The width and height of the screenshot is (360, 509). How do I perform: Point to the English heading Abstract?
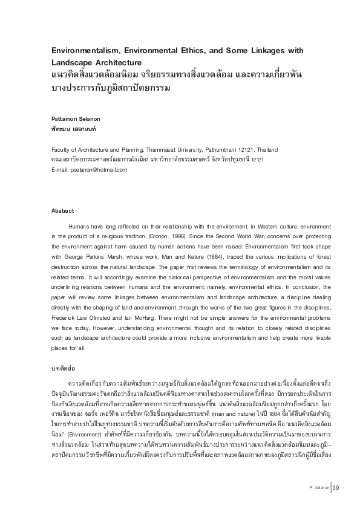[x=62, y=211]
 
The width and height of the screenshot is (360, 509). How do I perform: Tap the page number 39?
[x=336, y=488]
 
